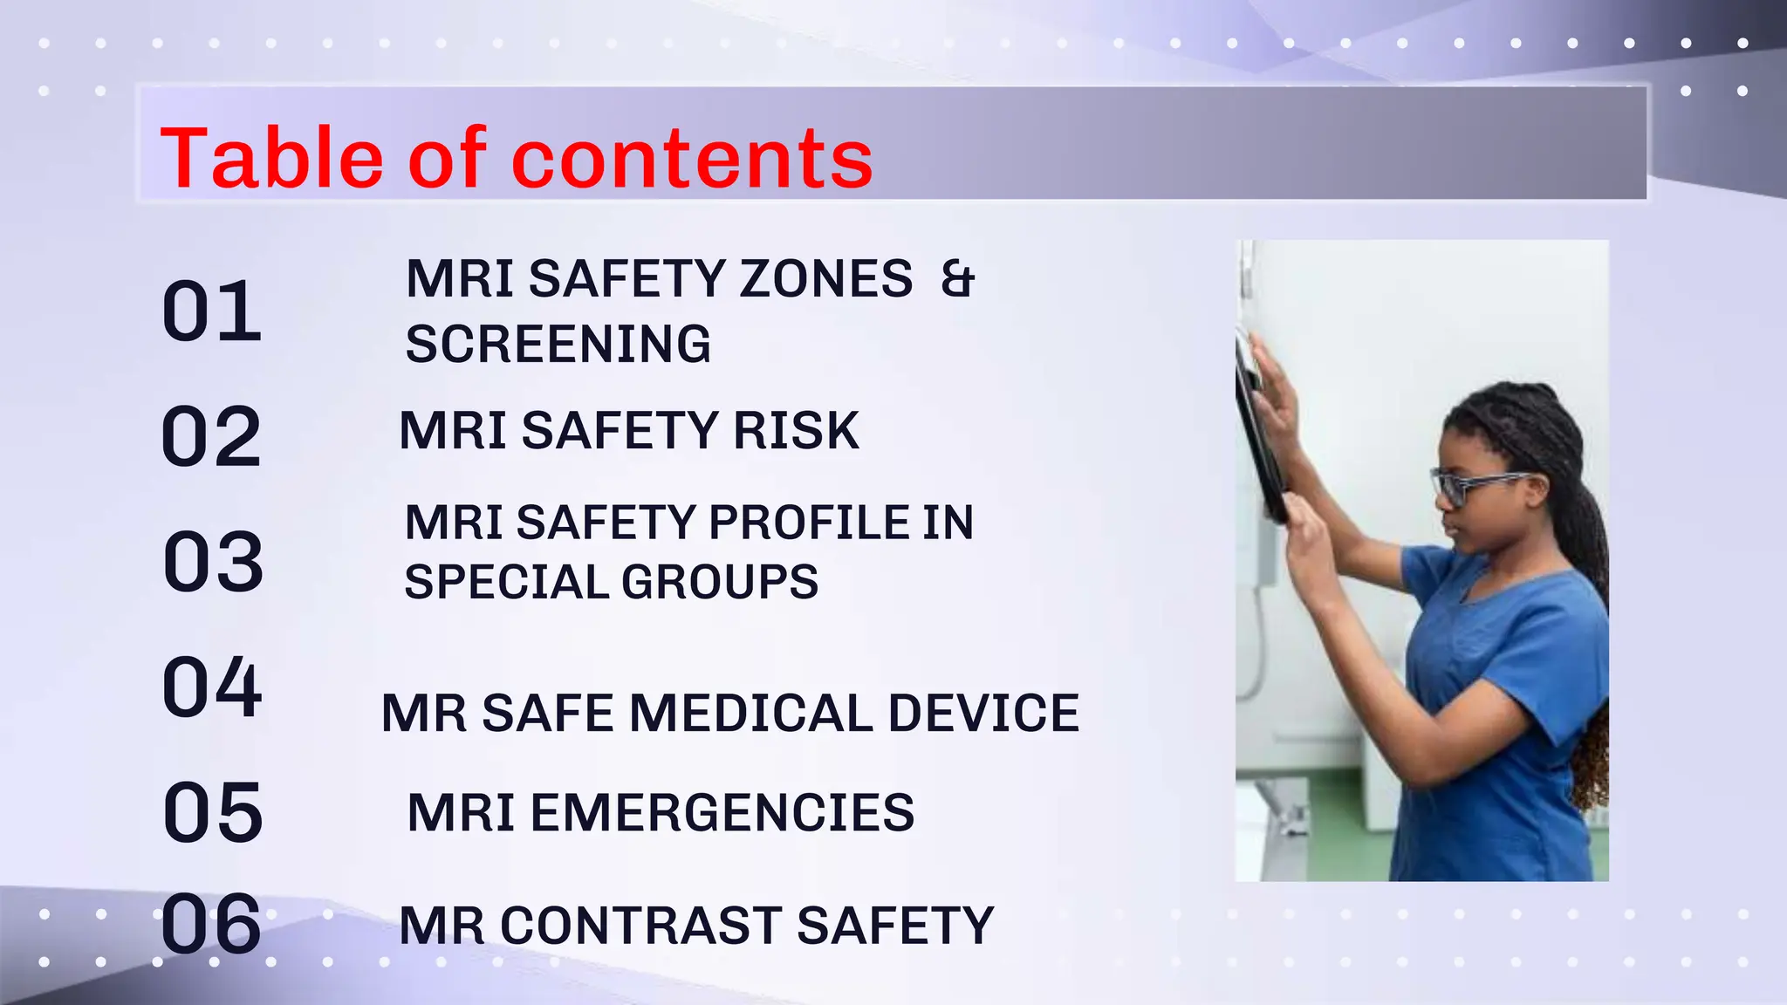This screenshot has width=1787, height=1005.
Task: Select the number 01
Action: click(212, 311)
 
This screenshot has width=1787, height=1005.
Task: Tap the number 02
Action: click(211, 437)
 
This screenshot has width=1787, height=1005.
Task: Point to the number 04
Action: click(212, 687)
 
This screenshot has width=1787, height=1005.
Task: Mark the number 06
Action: click(211, 924)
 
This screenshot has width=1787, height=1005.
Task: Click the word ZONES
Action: click(825, 279)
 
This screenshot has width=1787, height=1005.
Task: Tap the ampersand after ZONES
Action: click(957, 279)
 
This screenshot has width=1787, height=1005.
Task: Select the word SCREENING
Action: click(558, 344)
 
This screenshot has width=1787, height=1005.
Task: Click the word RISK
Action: click(796, 431)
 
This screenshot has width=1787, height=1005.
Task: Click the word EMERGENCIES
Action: click(722, 813)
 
